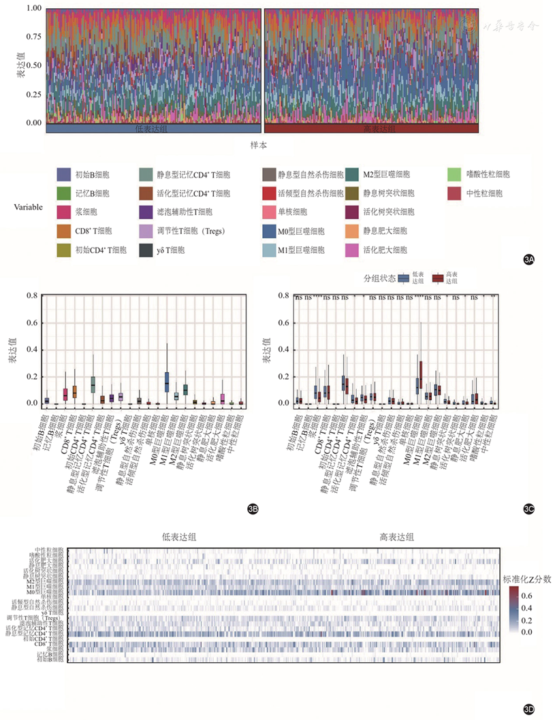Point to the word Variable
pyautogui.click(x=29, y=206)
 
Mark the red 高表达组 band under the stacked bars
pyautogui.click(x=372, y=128)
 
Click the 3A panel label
pyautogui.click(x=528, y=259)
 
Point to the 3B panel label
pyautogui.click(x=253, y=507)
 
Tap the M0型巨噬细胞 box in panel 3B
pyautogui.click(x=167, y=382)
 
